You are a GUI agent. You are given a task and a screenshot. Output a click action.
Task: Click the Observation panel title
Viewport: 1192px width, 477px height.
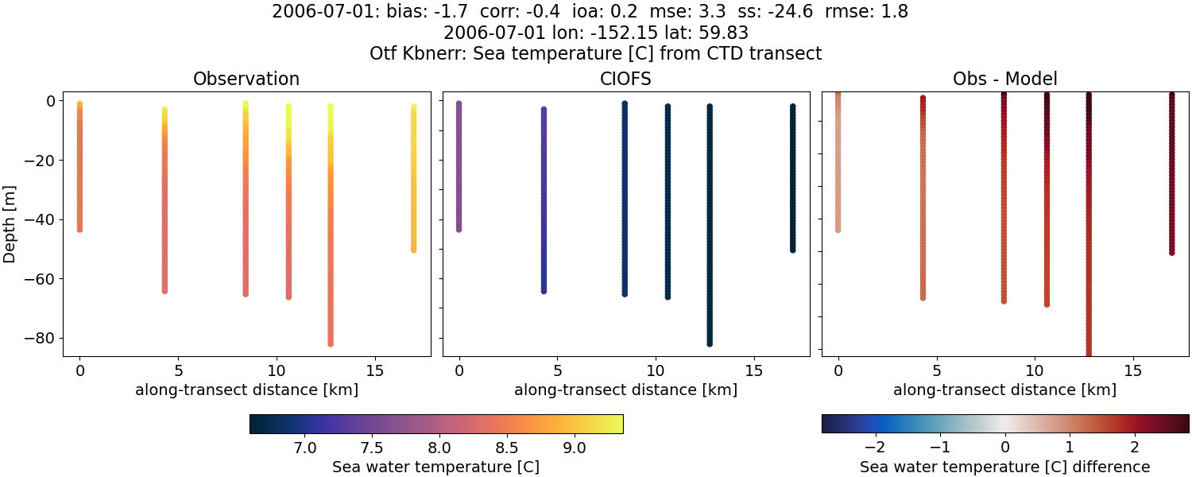246,79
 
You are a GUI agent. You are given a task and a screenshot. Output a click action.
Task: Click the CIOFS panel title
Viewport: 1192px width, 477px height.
625,79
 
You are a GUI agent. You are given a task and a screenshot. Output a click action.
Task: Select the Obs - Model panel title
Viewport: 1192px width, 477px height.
1005,79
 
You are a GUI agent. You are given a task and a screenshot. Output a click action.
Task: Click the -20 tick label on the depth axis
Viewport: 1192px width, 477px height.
39,160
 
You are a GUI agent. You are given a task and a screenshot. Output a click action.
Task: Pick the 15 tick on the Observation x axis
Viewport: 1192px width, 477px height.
374,370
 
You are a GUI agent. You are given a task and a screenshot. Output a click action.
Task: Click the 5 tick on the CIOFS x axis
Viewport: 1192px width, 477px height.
557,370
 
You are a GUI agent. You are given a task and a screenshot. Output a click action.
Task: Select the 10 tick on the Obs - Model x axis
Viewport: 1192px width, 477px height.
1035,370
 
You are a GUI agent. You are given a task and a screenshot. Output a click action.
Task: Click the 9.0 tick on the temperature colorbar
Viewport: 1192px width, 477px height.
575,448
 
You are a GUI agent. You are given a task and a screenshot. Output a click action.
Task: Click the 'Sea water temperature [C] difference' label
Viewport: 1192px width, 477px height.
1004,467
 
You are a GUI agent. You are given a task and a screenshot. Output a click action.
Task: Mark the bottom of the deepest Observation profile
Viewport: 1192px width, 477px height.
330,343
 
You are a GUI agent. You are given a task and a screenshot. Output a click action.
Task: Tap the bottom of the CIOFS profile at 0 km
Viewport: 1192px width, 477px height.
459,229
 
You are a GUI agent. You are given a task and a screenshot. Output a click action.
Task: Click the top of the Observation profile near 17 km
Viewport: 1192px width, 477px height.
413,107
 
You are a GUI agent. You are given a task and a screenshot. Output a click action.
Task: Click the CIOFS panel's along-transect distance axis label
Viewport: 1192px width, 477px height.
625,390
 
